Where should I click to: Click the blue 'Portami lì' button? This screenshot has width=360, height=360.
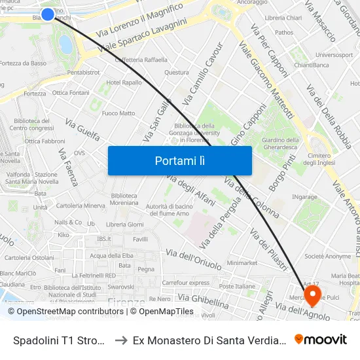[x=179, y=160]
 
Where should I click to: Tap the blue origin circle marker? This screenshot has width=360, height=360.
[x=48, y=14]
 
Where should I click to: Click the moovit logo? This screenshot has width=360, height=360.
[x=321, y=340]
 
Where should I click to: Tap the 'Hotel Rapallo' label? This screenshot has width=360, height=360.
[x=124, y=82]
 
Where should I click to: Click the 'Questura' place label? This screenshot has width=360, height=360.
[x=177, y=73]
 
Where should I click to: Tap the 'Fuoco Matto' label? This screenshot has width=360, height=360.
[x=118, y=113]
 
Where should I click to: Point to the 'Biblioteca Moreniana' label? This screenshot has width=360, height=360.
[x=124, y=199]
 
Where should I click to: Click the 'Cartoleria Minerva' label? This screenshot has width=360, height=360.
[x=81, y=206]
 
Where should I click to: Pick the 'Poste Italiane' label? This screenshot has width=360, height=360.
[x=237, y=286]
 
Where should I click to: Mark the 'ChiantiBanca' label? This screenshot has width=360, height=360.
[x=311, y=65]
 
